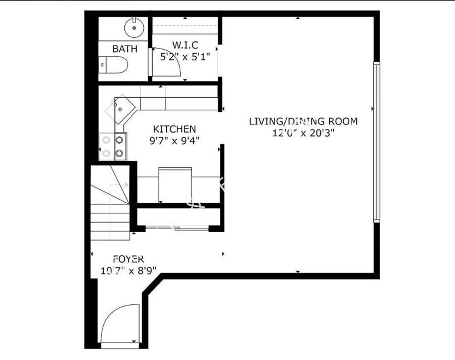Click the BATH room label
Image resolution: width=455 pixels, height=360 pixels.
125,49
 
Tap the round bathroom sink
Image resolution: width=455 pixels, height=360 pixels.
134,27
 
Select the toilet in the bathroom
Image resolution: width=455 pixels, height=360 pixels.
113,65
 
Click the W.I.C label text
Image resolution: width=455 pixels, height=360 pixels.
185,46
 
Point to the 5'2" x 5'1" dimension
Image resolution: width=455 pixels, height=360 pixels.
185,57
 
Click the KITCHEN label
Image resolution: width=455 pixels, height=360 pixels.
174,129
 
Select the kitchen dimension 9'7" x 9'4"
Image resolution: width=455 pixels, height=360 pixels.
174,141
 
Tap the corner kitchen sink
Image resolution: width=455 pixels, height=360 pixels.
122,109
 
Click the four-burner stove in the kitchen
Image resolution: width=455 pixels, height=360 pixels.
113,146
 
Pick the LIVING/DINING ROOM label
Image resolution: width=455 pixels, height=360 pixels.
303,121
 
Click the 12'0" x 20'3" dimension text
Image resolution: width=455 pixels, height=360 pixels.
303,133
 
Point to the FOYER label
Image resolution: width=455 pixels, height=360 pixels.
128,259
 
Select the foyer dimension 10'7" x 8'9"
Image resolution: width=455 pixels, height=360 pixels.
128,271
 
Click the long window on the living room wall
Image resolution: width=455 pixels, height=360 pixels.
376,142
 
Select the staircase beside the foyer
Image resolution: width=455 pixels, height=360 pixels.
110,203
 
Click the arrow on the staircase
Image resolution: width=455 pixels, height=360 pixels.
119,185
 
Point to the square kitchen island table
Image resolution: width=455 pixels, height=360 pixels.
175,185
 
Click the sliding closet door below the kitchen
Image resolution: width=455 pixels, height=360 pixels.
177,229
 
